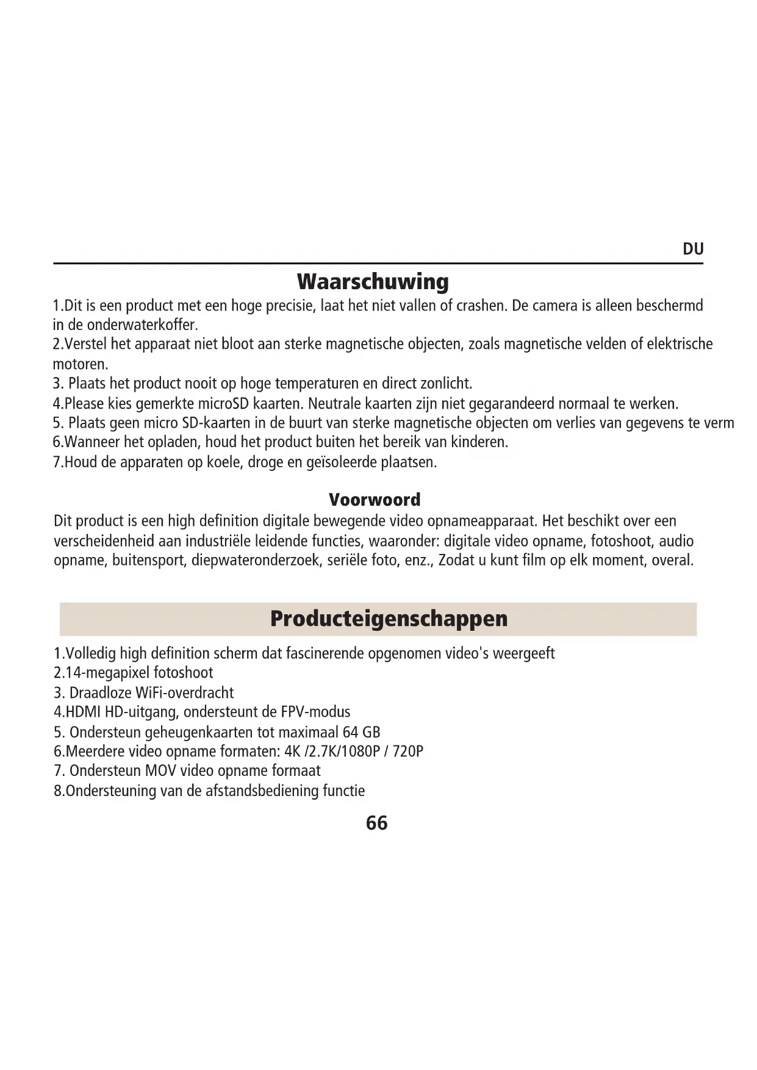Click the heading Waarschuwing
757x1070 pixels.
(x=373, y=282)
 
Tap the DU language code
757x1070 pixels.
(x=693, y=249)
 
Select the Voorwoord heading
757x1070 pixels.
(x=375, y=500)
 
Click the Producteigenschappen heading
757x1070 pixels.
(x=389, y=619)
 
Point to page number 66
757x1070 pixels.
(x=376, y=823)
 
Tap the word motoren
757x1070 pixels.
(x=80, y=365)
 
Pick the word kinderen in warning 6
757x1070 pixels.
(x=483, y=442)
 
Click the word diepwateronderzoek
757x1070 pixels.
(x=256, y=560)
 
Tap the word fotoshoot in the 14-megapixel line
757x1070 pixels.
(x=183, y=673)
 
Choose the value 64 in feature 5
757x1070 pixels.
(x=350, y=732)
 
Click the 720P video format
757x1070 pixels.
(x=407, y=751)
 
